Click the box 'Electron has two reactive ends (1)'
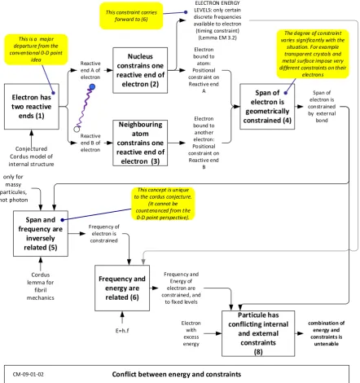(32, 107)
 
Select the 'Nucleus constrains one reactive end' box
(140, 70)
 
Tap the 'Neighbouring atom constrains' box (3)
(140, 143)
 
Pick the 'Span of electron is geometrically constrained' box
(267, 107)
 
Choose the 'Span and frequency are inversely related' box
(41, 234)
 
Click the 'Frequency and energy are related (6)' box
(122, 288)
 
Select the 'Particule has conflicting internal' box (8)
(258, 333)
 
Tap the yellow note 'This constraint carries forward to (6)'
(131, 15)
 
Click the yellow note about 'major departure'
(36, 50)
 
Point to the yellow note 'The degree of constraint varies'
(313, 54)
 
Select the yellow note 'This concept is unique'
(163, 204)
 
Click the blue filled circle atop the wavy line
(92, 87)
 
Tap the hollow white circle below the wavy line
(77, 129)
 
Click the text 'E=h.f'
(122, 331)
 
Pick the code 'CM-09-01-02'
(28, 374)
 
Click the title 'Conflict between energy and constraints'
(177, 374)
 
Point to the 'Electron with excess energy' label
(191, 333)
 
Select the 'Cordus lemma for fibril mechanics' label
(41, 286)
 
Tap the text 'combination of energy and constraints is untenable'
(327, 333)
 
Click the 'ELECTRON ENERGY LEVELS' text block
(217, 20)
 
